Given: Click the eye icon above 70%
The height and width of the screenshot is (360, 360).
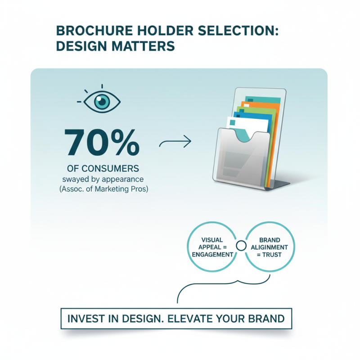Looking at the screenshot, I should pyautogui.click(x=103, y=102).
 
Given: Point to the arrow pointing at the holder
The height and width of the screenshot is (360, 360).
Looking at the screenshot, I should pyautogui.click(x=175, y=143).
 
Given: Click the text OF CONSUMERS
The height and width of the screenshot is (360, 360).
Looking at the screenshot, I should pyautogui.click(x=103, y=169).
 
